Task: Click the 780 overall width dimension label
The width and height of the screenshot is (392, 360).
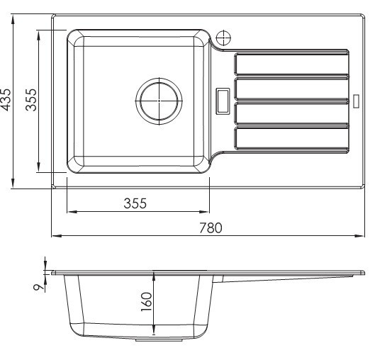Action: [x=211, y=227]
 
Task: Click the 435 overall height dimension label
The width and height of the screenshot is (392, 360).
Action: [x=6, y=99]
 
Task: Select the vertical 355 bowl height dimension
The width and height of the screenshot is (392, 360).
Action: [x=31, y=100]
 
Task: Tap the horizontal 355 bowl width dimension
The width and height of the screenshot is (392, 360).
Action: [x=135, y=203]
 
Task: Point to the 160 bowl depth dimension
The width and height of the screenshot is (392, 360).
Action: [x=147, y=301]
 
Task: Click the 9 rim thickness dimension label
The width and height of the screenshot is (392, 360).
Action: [x=38, y=287]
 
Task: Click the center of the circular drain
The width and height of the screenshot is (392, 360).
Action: [x=159, y=101]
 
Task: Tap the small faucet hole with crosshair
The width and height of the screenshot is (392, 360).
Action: [x=223, y=38]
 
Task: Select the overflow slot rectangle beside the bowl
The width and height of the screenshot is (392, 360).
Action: [x=223, y=101]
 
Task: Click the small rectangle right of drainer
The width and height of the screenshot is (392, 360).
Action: [x=357, y=101]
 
